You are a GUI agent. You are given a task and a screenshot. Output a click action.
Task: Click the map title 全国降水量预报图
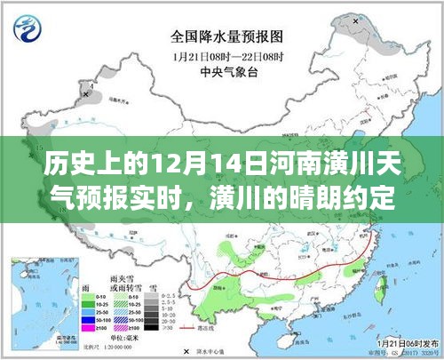[222, 38]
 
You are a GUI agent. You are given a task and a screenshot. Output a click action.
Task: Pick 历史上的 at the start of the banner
[59, 165]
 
